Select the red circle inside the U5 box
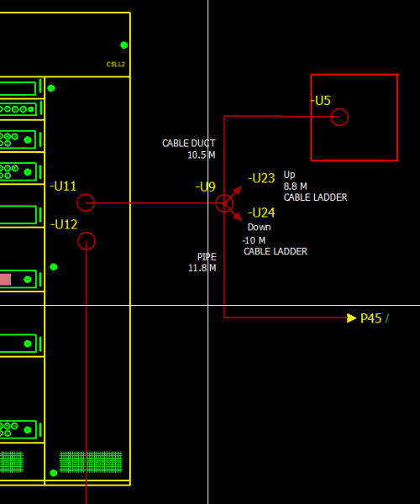pyautogui.click(x=339, y=108)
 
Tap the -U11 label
pyautogui.click(x=63, y=186)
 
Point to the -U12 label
pyautogui.click(x=64, y=224)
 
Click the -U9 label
pyautogui.click(x=205, y=186)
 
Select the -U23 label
pyautogui.click(x=261, y=178)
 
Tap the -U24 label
pyautogui.click(x=261, y=213)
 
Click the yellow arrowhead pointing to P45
pyautogui.click(x=352, y=318)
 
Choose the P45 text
pyautogui.click(x=370, y=318)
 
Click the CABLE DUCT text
pyautogui.click(x=189, y=143)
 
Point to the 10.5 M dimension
pyautogui.click(x=202, y=155)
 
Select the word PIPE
pyautogui.click(x=207, y=257)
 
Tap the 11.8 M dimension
pyautogui.click(x=202, y=268)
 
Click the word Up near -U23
pyautogui.click(x=289, y=176)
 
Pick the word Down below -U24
pyautogui.click(x=259, y=228)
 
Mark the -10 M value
pyautogui.click(x=254, y=240)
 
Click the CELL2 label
pyautogui.click(x=115, y=65)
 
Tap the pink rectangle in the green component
pyautogui.click(x=6, y=280)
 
